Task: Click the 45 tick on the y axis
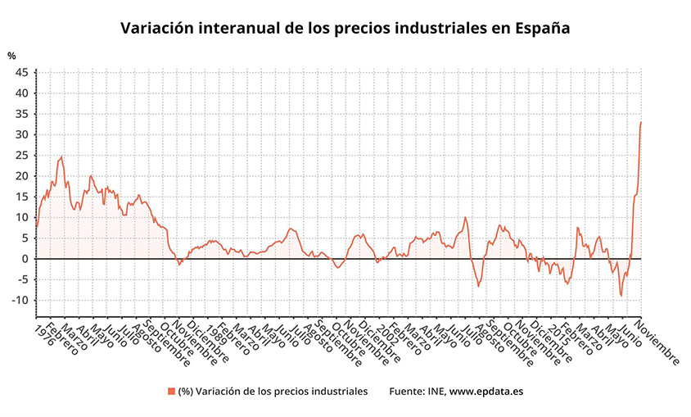(x=22, y=72)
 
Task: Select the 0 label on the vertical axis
(x=25, y=259)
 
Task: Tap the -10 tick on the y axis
(x=20, y=300)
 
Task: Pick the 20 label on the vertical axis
(x=22, y=176)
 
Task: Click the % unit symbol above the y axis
(x=11, y=56)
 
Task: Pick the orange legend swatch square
(x=171, y=391)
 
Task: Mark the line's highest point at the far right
(x=640, y=122)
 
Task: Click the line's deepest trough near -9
(x=621, y=296)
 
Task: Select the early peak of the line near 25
(x=61, y=156)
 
